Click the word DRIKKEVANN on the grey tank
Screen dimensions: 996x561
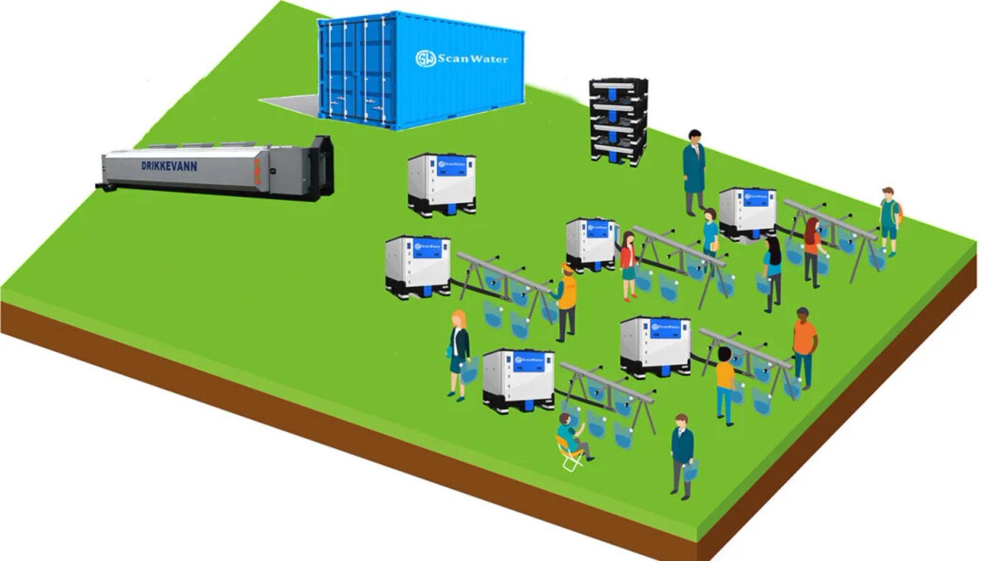pos(169,166)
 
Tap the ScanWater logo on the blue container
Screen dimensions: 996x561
pos(461,59)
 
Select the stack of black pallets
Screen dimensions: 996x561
pos(618,122)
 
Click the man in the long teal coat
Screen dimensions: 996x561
pos(694,171)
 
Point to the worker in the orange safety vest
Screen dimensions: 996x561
pos(567,301)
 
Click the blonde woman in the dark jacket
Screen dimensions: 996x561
pos(459,353)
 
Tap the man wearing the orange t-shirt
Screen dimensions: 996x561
pos(804,345)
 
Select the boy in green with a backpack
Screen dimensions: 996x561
pos(889,221)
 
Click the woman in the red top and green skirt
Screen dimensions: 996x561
pos(628,265)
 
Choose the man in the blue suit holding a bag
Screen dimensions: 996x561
pos(682,454)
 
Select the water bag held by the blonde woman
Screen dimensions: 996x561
pos(470,370)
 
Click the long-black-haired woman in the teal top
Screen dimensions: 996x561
pos(772,272)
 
